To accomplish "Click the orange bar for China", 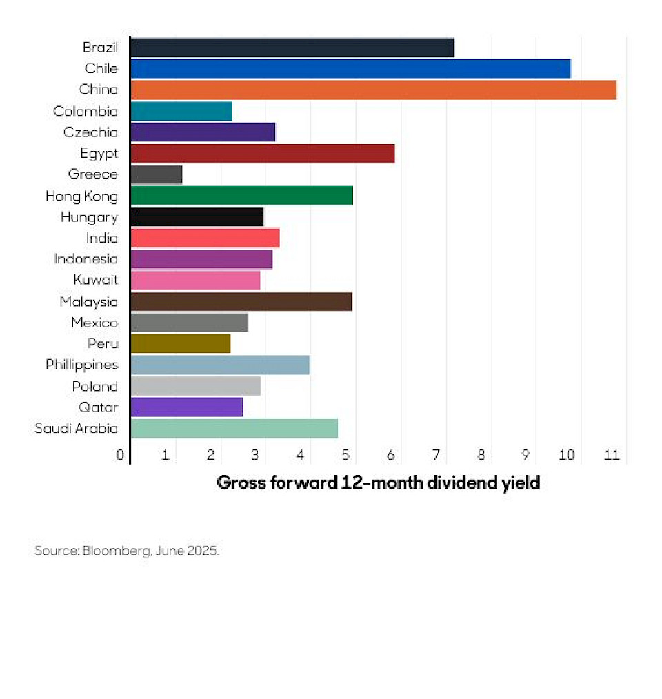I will click(x=373, y=90).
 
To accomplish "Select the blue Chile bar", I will click(x=350, y=68).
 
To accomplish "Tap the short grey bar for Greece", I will click(x=157, y=174).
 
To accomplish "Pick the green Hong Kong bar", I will click(x=241, y=196).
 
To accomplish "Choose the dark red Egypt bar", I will click(x=262, y=153).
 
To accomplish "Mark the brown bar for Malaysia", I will click(x=241, y=301).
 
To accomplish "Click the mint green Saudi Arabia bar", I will click(x=234, y=428).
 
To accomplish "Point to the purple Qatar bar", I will click(x=186, y=407).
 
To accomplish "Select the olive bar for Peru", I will click(x=180, y=343).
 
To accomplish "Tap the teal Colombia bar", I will click(x=181, y=111).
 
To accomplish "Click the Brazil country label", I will click(x=100, y=48).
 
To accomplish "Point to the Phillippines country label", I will click(x=81, y=365).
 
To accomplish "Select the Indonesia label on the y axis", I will click(x=86, y=259).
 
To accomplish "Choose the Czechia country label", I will click(x=90, y=132).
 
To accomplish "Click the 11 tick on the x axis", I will click(x=611, y=455).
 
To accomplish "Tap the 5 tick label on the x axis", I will click(x=346, y=455).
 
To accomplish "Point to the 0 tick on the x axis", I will click(x=121, y=455).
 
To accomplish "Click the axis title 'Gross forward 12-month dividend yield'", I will click(x=378, y=483).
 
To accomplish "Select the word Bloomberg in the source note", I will click(x=115, y=551).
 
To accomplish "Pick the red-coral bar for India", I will click(x=205, y=238).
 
